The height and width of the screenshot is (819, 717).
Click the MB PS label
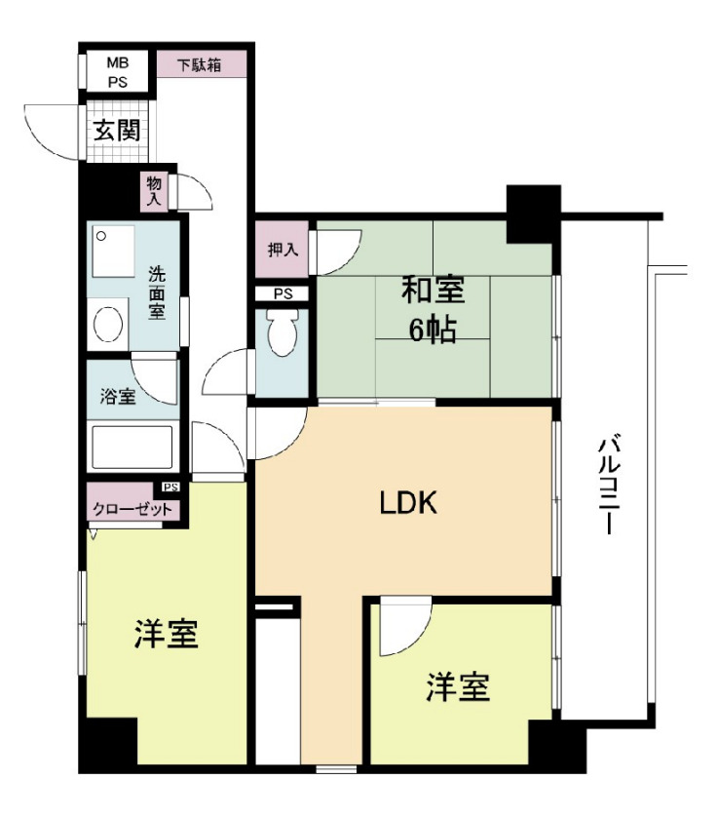click(x=117, y=72)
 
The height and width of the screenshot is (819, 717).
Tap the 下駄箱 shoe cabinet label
click(x=199, y=65)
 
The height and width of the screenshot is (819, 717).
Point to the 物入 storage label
click(x=153, y=191)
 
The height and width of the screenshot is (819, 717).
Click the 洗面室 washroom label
click(x=157, y=293)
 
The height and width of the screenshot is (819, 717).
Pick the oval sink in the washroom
click(x=107, y=323)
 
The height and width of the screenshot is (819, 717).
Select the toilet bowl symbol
click(x=283, y=335)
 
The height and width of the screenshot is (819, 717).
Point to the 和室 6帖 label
click(x=433, y=309)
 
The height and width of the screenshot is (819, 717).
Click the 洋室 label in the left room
click(x=167, y=635)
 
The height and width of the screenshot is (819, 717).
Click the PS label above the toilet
click(x=282, y=292)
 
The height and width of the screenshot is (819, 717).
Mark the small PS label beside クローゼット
click(x=171, y=487)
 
